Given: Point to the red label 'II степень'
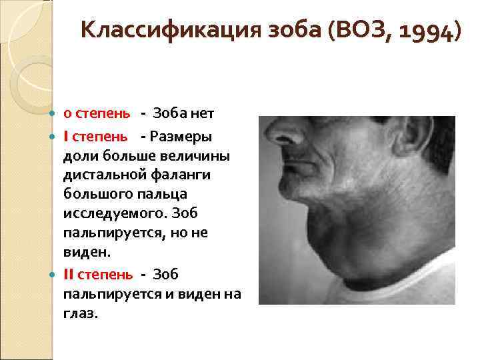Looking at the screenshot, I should (97, 275).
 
